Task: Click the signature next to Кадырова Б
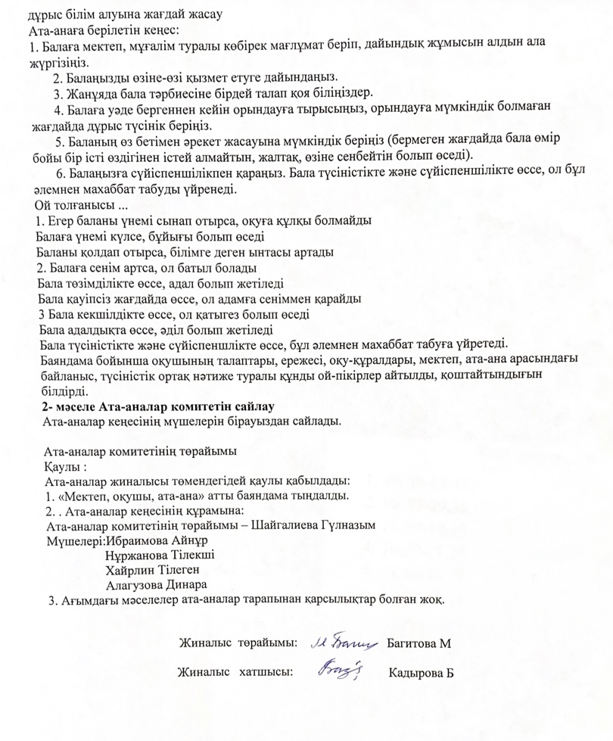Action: pos(341,669)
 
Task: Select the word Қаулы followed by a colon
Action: pos(60,465)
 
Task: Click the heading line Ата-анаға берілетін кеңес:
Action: pos(103,30)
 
